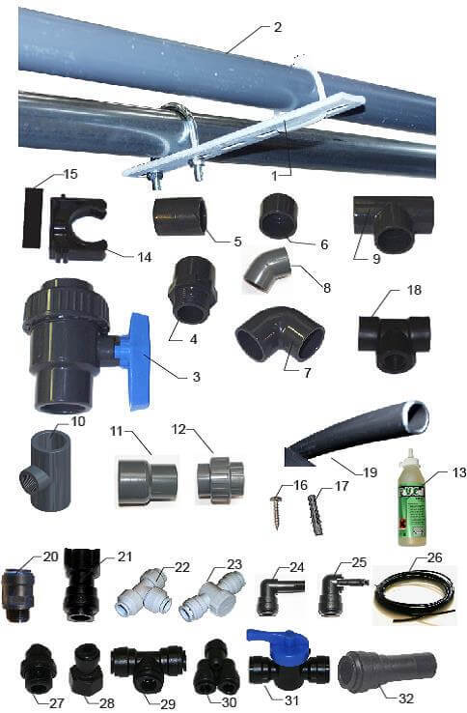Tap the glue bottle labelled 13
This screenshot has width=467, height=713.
[413, 499]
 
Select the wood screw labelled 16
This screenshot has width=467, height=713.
[277, 513]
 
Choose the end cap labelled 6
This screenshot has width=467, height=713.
[278, 218]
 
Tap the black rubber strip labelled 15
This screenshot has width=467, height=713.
[35, 217]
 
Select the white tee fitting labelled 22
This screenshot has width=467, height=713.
[144, 593]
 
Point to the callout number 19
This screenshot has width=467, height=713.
[370, 472]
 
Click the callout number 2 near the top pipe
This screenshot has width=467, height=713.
[278, 27]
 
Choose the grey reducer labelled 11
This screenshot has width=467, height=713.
[148, 481]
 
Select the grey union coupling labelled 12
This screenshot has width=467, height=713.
[220, 481]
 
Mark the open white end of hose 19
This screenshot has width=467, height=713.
[416, 416]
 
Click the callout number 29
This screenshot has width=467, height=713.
[168, 704]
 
